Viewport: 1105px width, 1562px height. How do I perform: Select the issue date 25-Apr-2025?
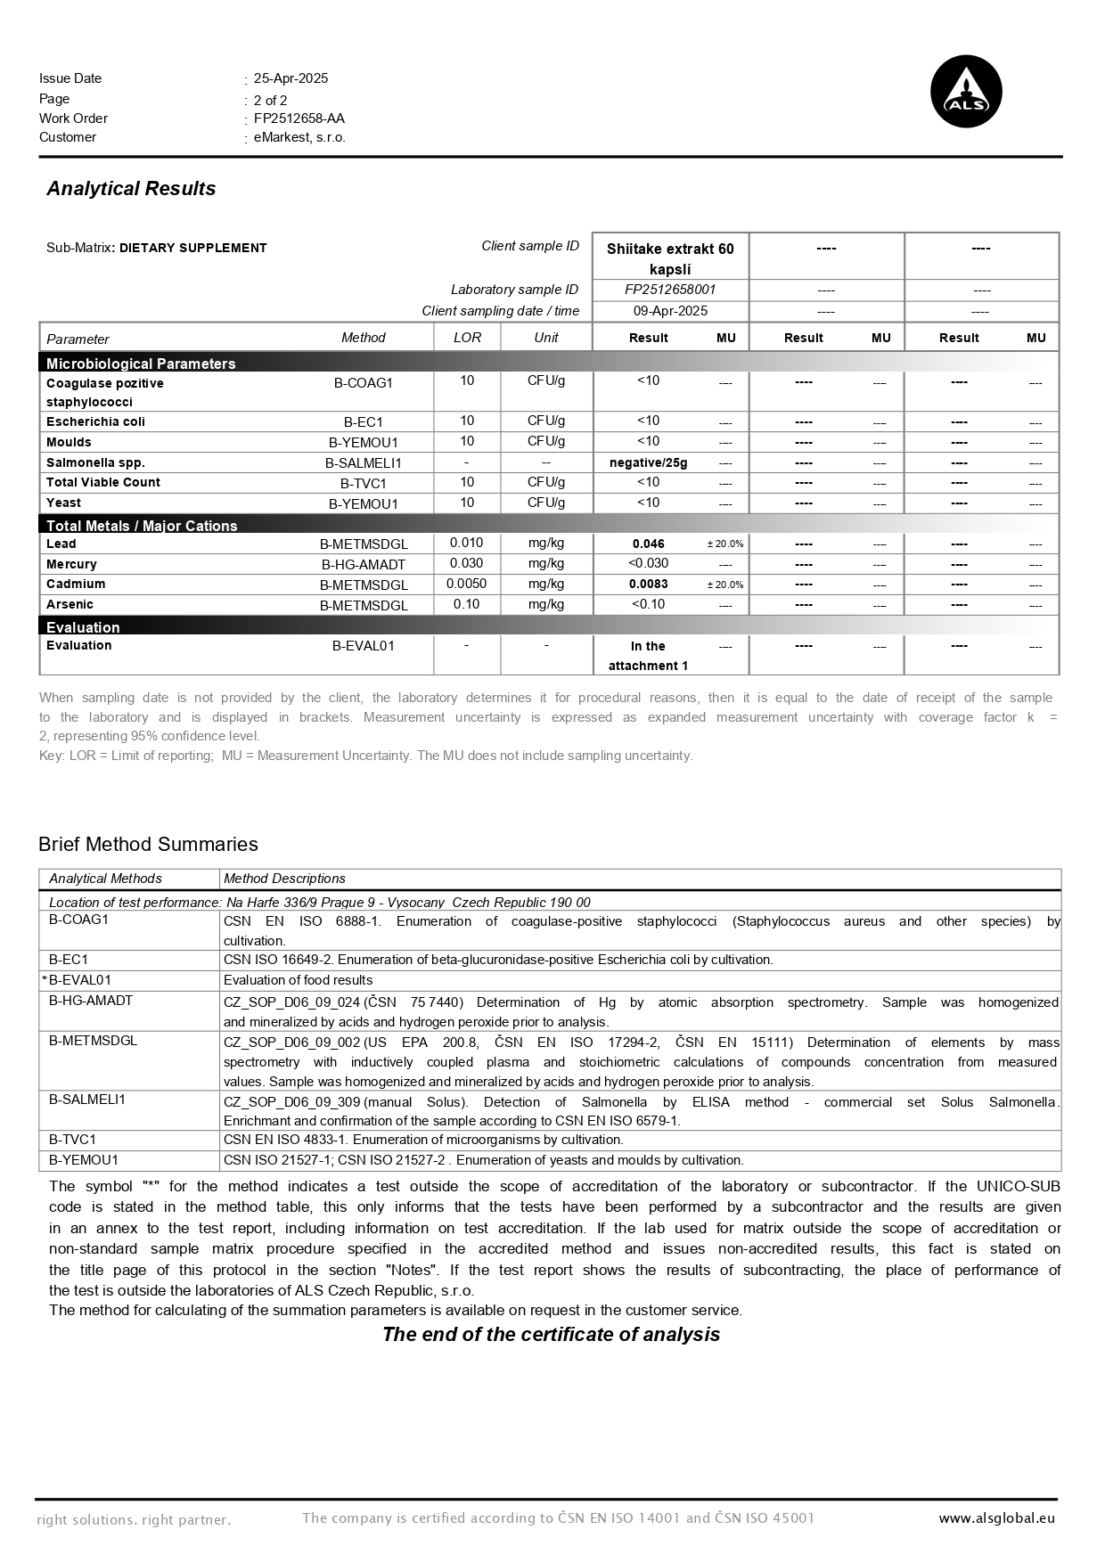tap(291, 78)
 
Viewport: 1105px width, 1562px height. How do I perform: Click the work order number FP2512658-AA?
tap(299, 119)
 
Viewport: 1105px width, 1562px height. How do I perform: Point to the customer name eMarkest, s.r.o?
tap(299, 137)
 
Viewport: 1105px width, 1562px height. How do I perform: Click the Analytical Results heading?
tap(131, 189)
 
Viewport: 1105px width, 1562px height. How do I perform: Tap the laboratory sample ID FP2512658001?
tap(670, 290)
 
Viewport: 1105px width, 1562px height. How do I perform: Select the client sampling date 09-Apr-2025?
tap(670, 311)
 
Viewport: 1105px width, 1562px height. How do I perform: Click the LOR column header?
tap(467, 338)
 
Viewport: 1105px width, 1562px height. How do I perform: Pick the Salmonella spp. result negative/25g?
tap(648, 462)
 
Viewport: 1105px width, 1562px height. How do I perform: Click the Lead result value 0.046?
tap(648, 544)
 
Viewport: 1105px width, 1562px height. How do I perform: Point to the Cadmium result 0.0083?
tap(648, 585)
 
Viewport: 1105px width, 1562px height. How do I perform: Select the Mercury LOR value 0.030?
tap(466, 563)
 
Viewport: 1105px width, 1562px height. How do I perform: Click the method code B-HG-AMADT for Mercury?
tap(364, 565)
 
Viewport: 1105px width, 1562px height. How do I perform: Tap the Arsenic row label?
tap(70, 604)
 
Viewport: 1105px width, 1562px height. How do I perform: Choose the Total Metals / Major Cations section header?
tap(142, 526)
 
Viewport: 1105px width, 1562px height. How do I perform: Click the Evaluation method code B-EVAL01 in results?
tap(364, 646)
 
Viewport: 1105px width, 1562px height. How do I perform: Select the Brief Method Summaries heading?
tap(148, 845)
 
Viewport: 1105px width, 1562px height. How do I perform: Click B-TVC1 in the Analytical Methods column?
tap(72, 1140)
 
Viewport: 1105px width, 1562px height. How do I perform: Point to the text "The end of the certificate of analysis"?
tap(551, 1334)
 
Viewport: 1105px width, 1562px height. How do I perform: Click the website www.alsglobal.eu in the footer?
tap(996, 1518)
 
